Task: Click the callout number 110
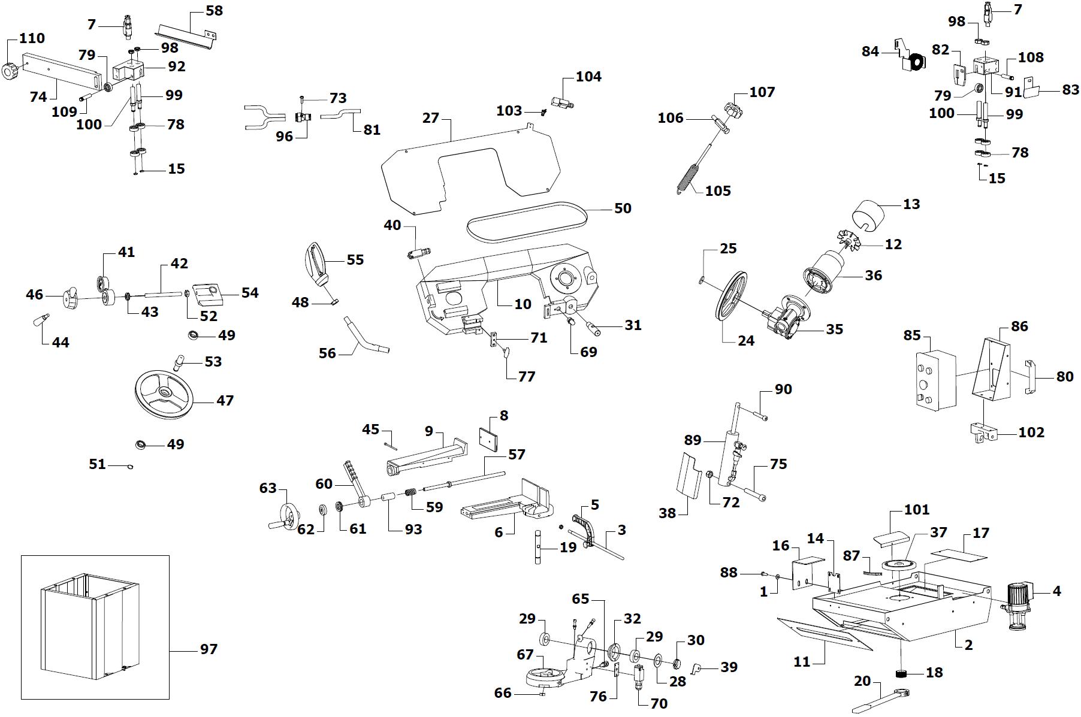click(32, 38)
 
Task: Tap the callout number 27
click(431, 118)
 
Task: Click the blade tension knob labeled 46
click(71, 298)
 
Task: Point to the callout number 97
click(209, 649)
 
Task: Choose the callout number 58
click(214, 11)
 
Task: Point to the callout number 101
click(917, 510)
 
